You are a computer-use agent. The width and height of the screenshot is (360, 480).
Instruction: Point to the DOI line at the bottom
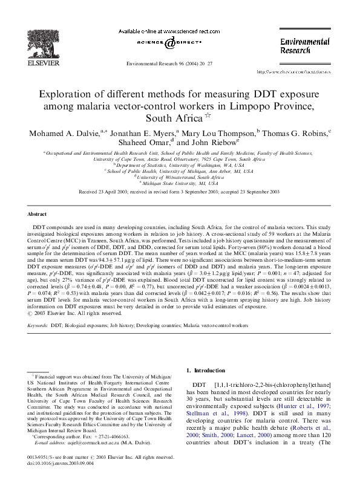coord(51,464)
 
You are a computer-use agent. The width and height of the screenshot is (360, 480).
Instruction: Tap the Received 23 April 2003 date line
coord(180,192)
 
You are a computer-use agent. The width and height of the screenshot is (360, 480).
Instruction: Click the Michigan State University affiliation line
coord(180,181)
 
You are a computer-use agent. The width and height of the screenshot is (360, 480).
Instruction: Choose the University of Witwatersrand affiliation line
coord(180,176)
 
